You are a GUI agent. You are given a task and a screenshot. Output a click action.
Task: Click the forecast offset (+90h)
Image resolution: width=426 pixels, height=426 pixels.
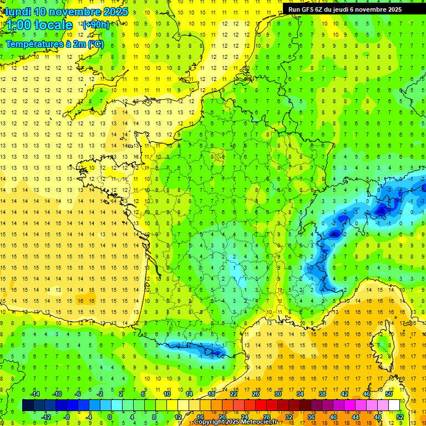click(96, 25)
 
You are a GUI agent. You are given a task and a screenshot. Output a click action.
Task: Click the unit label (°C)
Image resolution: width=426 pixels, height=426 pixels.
click(95, 44)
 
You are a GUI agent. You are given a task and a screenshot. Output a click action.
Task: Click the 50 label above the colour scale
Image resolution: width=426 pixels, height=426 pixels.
click(388, 394)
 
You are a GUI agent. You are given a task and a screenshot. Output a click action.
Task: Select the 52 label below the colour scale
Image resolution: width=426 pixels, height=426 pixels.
click(399, 417)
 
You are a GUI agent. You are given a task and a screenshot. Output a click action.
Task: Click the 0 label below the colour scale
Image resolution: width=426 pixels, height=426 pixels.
click(110, 417)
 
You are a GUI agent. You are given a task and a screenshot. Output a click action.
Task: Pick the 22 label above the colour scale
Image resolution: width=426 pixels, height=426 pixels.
click(234, 394)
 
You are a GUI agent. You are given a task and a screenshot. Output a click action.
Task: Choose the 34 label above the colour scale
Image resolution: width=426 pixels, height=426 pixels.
click(300, 394)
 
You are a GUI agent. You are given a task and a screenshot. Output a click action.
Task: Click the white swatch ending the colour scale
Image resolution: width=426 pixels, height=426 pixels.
click(394, 405)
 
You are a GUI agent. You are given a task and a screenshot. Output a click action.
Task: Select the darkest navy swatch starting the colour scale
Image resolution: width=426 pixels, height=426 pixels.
click(28, 405)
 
